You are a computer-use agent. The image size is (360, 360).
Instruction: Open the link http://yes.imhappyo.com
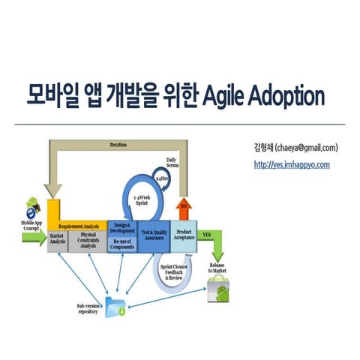[291, 165]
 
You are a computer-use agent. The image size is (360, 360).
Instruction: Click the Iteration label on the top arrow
[118, 144]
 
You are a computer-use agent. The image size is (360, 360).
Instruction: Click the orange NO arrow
[183, 207]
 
